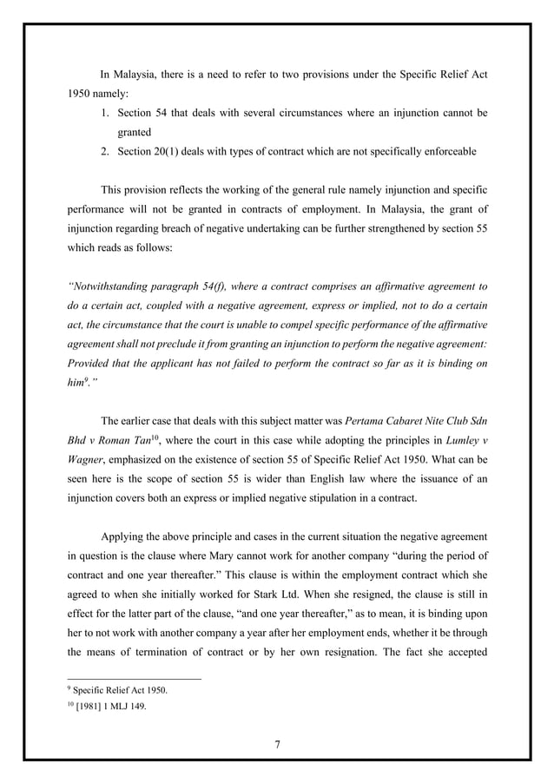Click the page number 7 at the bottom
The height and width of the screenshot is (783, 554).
[277, 743]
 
